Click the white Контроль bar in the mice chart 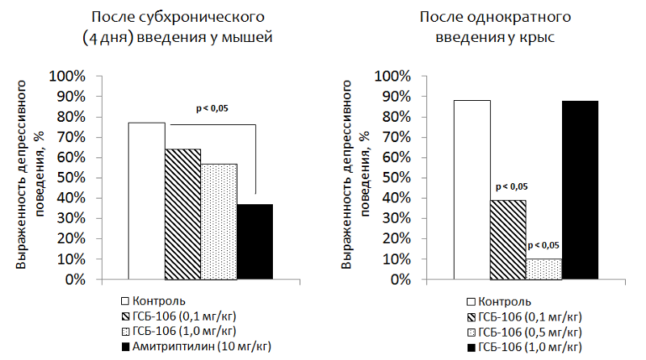point(146,201)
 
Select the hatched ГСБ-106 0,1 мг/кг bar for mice point(182,214)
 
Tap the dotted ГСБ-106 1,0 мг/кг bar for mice point(219,221)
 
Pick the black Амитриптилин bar point(254,241)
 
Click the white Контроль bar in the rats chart point(472,190)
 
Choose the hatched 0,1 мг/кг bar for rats point(507,240)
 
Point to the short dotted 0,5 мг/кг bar point(543,269)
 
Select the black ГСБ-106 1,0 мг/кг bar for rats point(580,190)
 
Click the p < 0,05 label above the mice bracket point(212,108)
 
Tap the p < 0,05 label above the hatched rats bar point(507,186)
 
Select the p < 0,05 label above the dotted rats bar point(543,245)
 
